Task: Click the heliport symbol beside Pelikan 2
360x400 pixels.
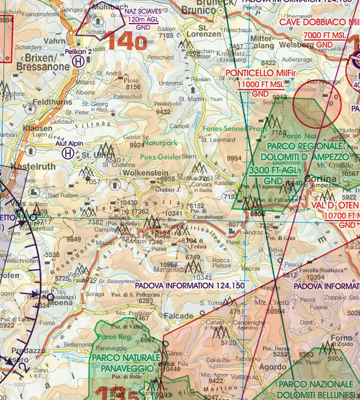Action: pos(78,61)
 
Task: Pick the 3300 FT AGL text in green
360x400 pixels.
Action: pos(274,171)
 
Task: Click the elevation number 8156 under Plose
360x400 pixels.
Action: pos(133,87)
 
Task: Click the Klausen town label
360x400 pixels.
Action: pos(38,128)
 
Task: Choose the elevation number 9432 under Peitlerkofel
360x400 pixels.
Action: pos(163,112)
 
